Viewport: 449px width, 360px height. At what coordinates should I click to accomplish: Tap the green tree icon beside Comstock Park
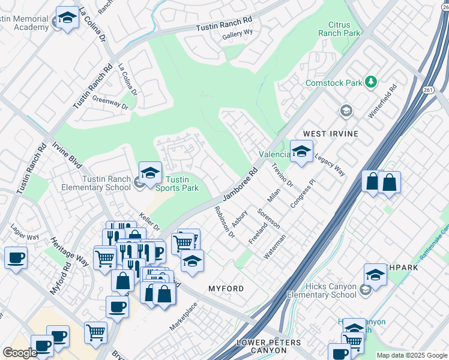(372, 82)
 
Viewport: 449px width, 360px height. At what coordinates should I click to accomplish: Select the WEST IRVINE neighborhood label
(331, 133)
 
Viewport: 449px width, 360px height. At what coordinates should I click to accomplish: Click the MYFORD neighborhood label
(226, 289)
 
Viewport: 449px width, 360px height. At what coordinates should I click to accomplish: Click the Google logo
(20, 352)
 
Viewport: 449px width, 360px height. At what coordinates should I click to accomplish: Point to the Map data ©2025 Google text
(411, 355)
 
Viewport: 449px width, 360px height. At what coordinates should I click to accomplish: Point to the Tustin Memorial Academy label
(24, 23)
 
